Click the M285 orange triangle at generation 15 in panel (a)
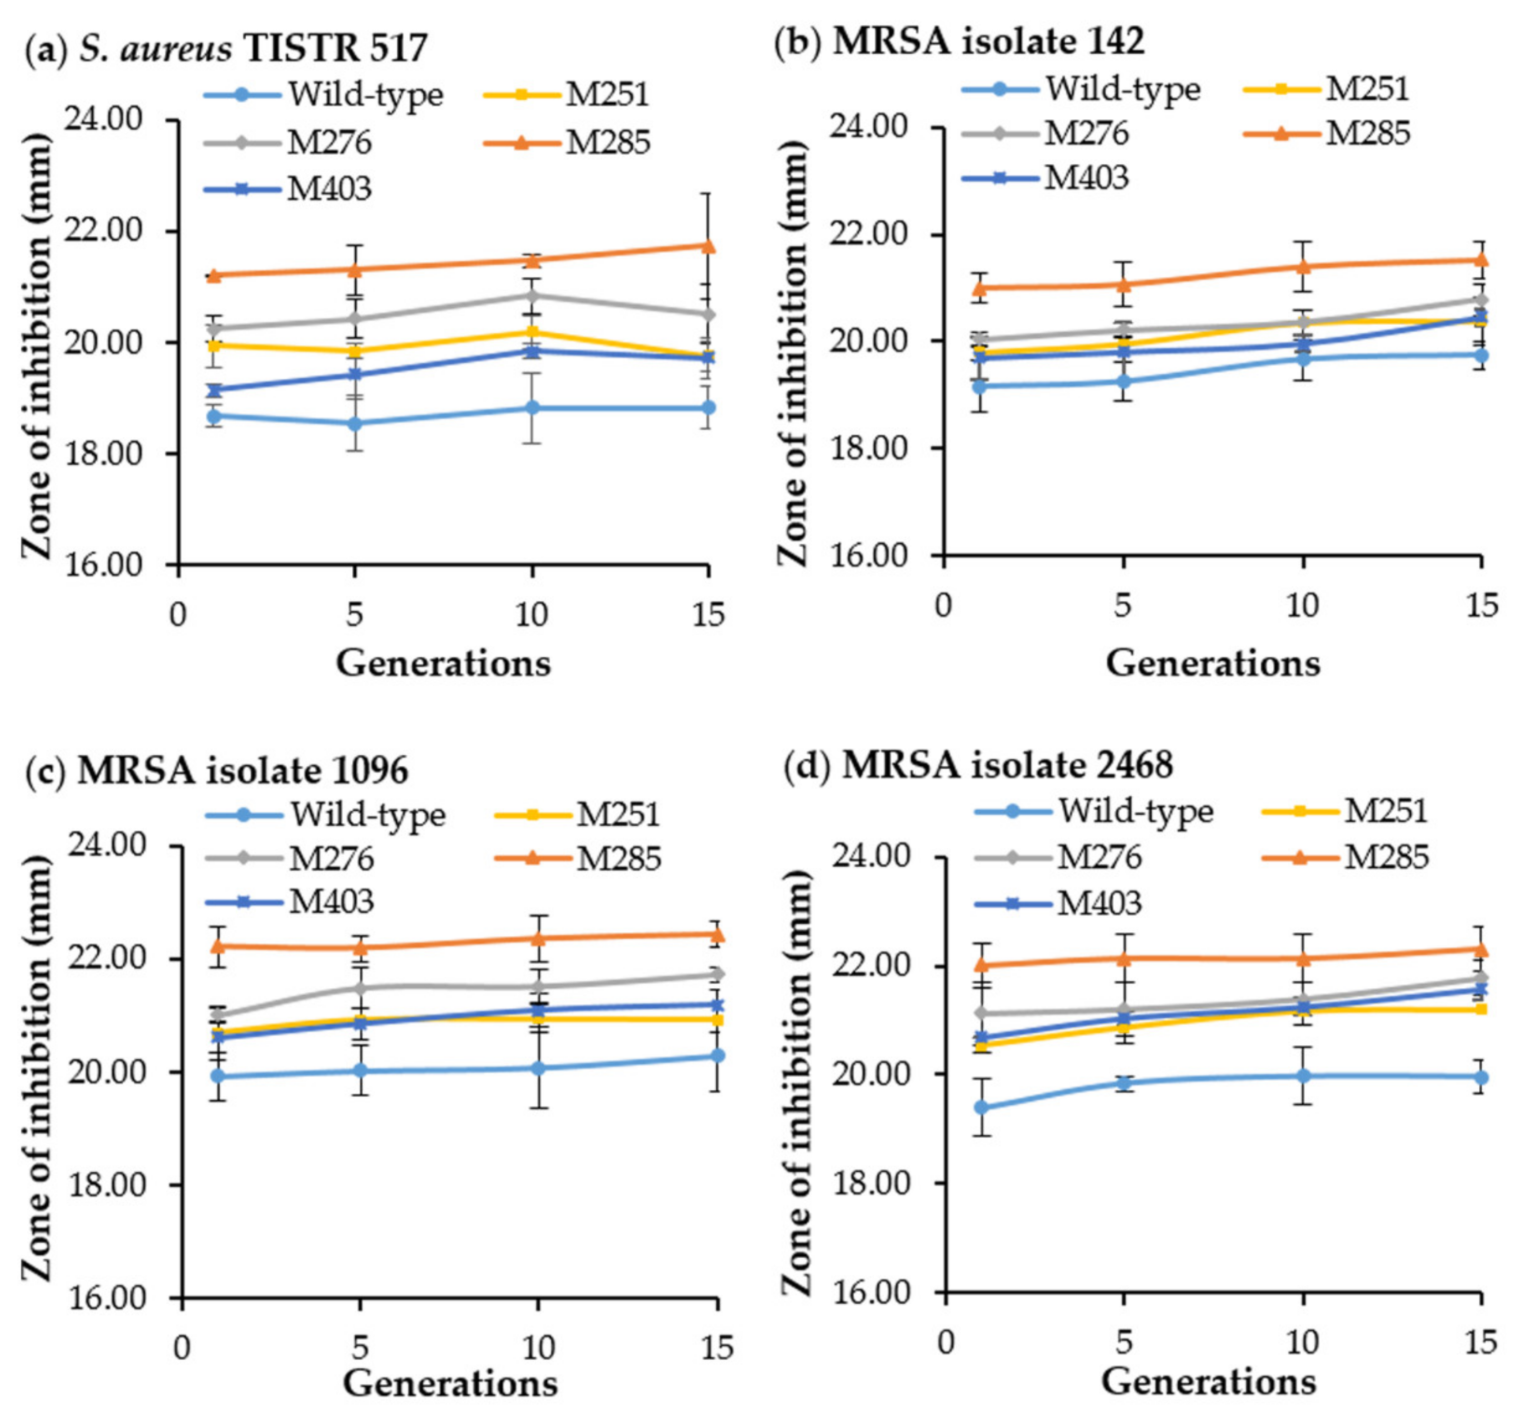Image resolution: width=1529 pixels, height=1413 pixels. [709, 245]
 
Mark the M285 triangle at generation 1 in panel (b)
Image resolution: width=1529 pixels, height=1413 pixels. [979, 288]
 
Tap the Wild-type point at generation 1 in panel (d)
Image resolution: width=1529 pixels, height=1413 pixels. [981, 1107]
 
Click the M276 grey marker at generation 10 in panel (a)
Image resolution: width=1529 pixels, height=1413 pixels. [532, 295]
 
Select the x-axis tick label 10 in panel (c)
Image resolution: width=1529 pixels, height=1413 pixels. [537, 1347]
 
